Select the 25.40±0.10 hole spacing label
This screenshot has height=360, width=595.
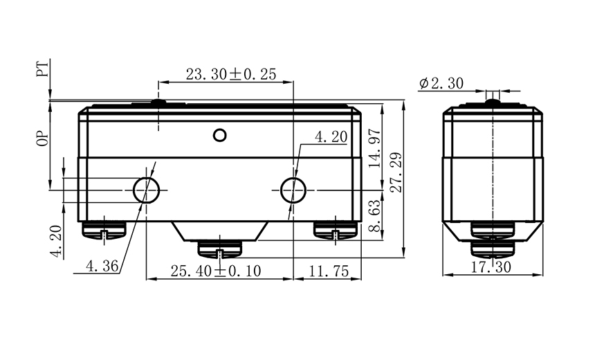215,271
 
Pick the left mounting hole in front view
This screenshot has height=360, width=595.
146,188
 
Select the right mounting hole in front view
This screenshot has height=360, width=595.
293,188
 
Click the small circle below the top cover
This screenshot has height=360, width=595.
220,134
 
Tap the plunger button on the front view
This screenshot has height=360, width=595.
158,103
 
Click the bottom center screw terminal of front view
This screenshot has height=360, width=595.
219,249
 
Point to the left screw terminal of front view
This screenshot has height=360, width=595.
103,230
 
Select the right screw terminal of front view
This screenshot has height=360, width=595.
335,230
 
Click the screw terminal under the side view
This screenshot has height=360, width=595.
492,239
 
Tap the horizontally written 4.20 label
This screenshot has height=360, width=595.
331,138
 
